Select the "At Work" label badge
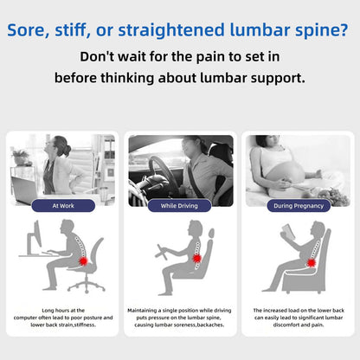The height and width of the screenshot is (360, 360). [63, 206]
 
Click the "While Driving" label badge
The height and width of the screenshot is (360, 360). [179, 206]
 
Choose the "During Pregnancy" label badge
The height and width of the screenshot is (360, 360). [299, 206]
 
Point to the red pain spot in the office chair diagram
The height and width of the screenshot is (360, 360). [83, 261]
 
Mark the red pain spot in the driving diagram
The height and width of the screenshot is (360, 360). [197, 258]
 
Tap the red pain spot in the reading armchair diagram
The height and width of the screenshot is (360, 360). [312, 263]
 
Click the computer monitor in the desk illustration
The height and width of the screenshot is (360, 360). [34, 238]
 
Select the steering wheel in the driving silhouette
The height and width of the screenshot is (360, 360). [161, 252]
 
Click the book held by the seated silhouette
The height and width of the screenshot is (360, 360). [288, 232]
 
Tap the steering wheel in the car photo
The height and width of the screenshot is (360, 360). [163, 176]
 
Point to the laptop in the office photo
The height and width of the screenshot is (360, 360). [25, 190]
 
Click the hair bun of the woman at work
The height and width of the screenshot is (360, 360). [67, 151]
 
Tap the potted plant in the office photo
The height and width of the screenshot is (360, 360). [20, 157]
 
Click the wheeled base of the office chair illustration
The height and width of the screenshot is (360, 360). [87, 286]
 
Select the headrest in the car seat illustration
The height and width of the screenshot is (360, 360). [211, 233]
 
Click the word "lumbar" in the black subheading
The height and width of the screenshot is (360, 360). [223, 78]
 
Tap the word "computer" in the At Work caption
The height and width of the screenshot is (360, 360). [26, 318]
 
